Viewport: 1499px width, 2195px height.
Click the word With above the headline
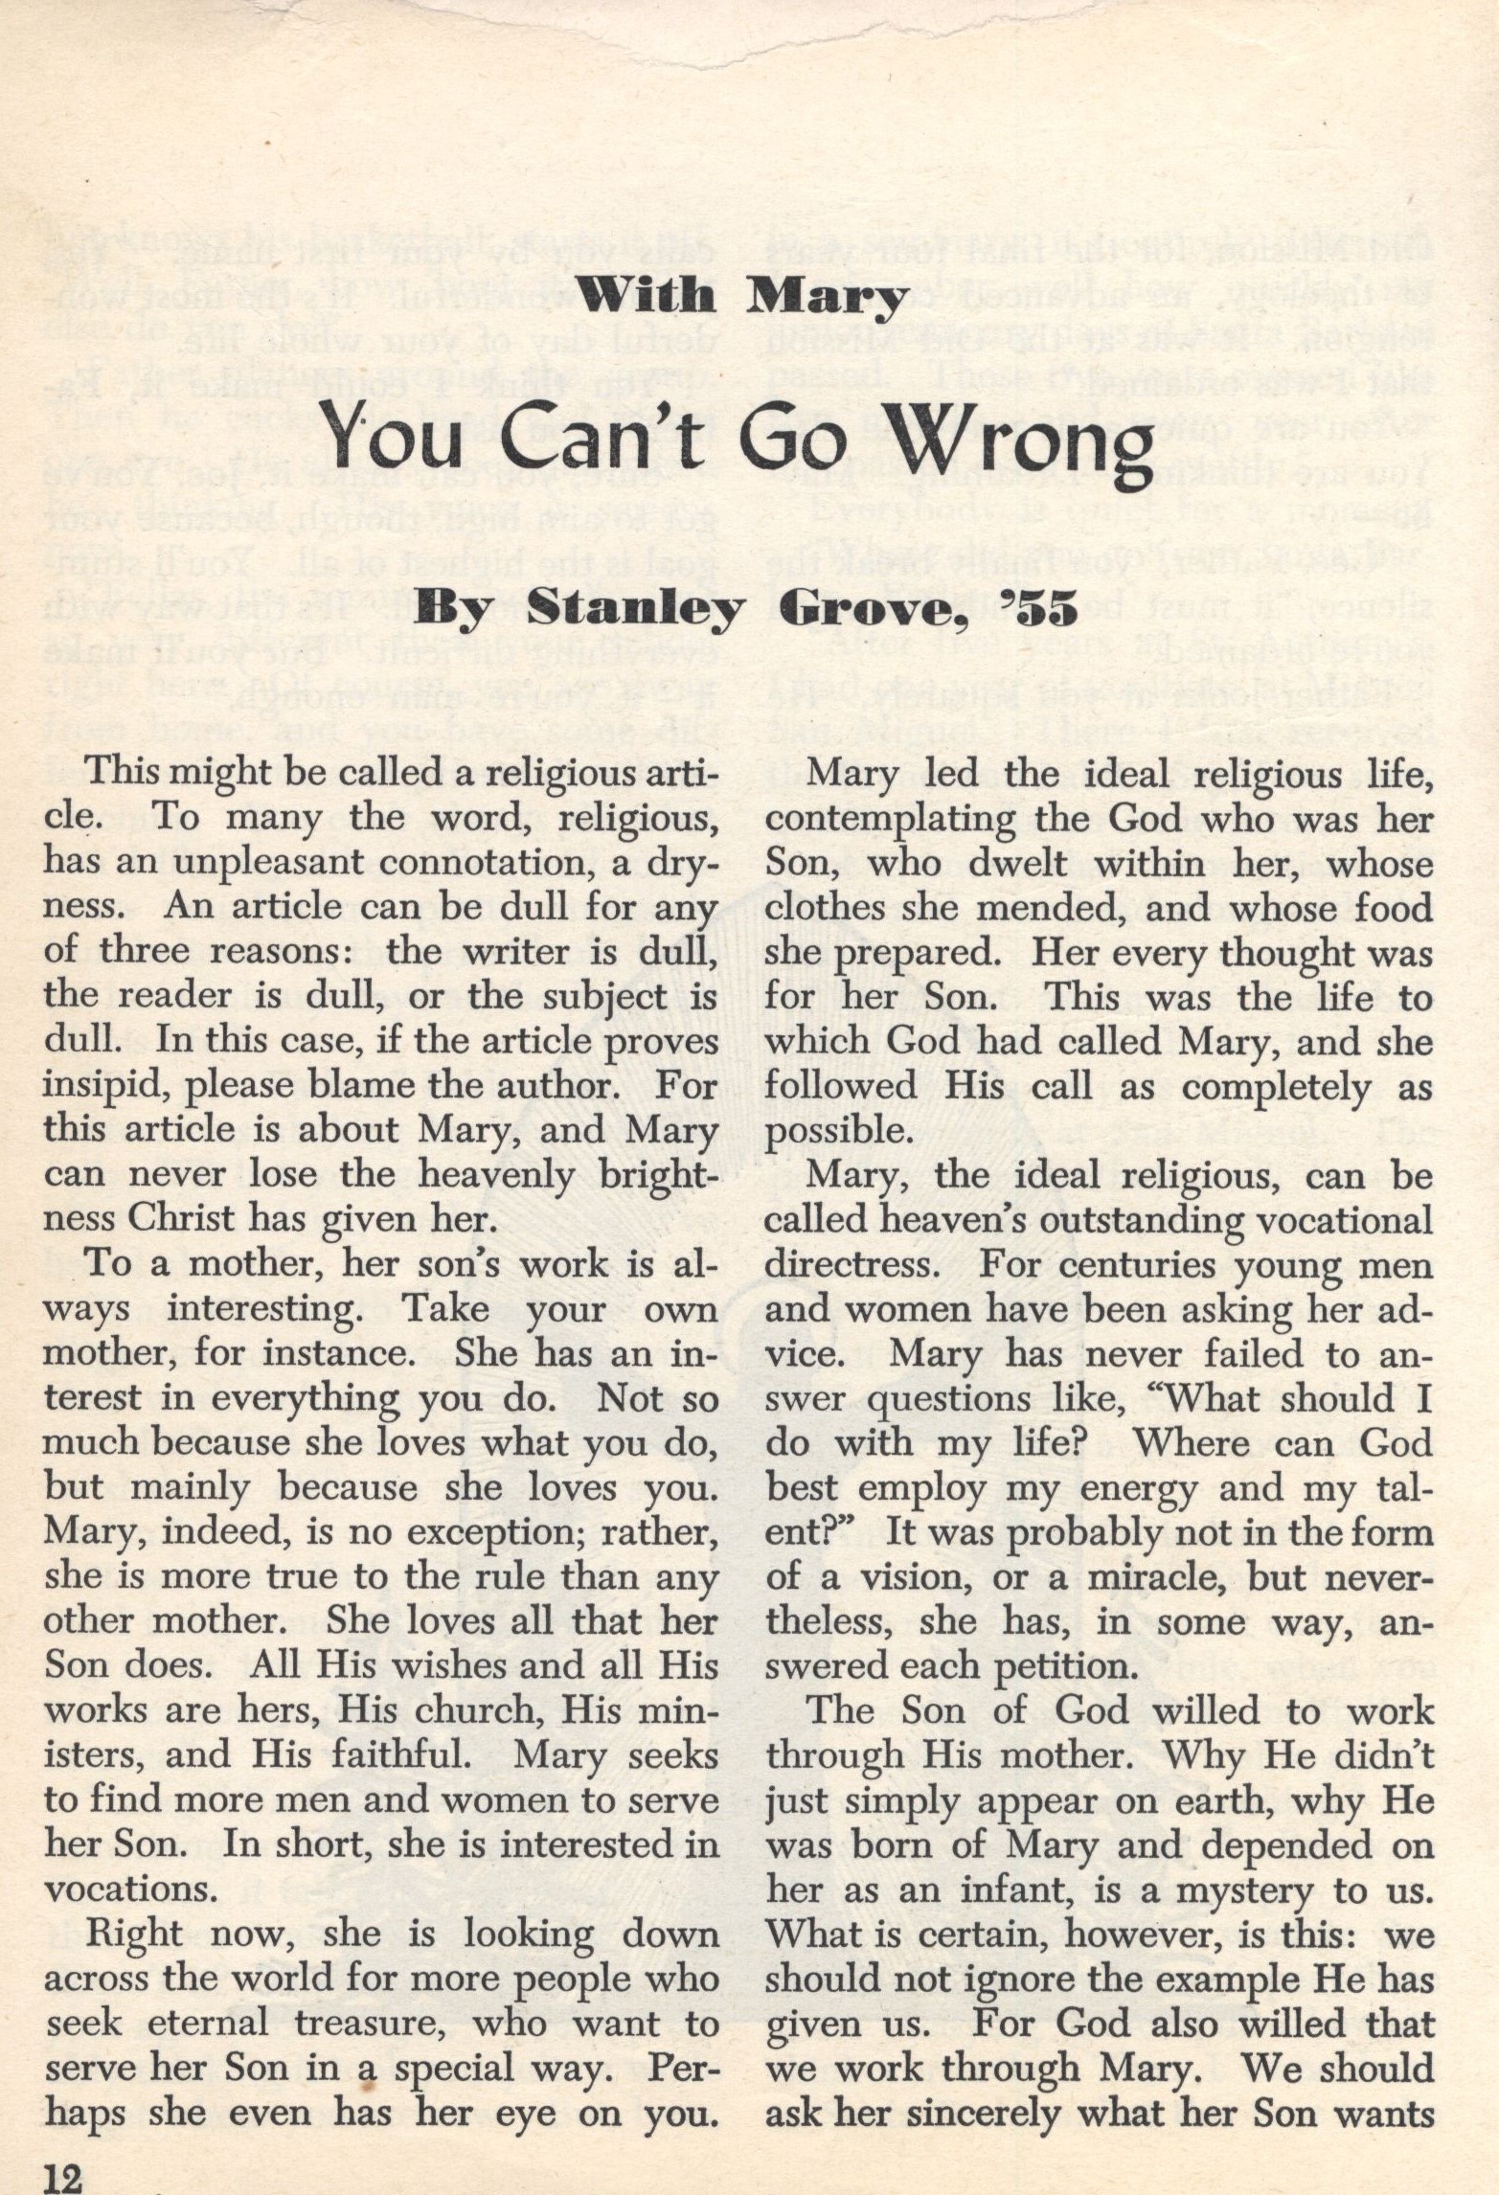(x=650, y=298)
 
